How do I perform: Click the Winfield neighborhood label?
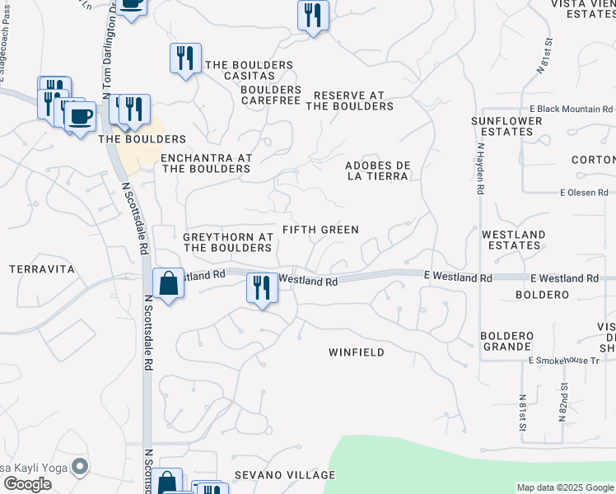[x=357, y=352]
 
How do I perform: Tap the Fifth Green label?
[x=320, y=230]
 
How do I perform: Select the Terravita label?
[x=41, y=269]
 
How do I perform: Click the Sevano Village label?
[x=284, y=475]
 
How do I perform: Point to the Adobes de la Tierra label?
[x=377, y=170]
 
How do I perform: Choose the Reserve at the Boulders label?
[x=349, y=100]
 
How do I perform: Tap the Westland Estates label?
[x=513, y=240]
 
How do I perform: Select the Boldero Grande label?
[x=507, y=341]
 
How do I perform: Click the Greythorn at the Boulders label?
[x=227, y=242]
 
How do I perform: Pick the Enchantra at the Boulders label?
[x=205, y=163]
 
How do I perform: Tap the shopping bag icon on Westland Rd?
[x=168, y=284]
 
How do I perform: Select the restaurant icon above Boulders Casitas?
[x=185, y=58]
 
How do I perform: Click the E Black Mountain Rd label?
[x=571, y=109]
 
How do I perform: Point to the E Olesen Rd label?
[x=583, y=193]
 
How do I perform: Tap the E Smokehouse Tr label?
[x=564, y=361]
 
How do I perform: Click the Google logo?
[x=27, y=484]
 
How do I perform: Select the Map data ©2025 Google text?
[x=565, y=487]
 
